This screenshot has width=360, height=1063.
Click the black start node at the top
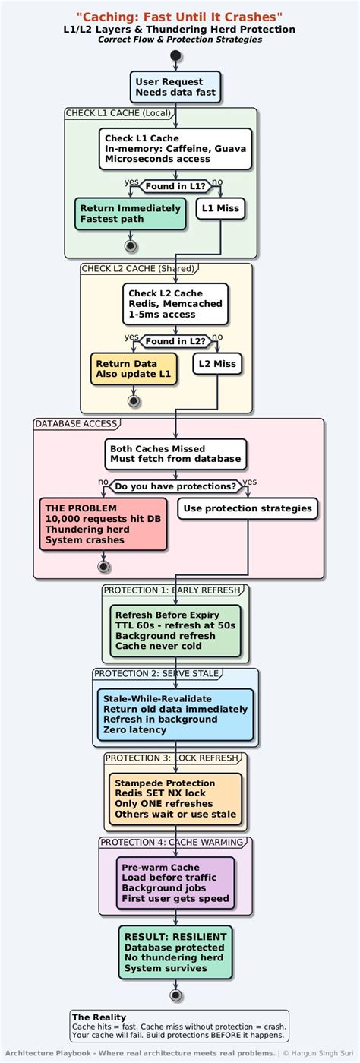point(176,55)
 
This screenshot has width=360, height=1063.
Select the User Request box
point(175,87)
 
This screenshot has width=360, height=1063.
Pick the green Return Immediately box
point(130,214)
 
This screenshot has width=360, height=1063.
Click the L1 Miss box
point(220,208)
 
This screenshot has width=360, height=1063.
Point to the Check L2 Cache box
point(175,303)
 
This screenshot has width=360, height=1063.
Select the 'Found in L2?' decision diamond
point(175,342)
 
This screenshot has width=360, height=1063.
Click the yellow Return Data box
point(134,369)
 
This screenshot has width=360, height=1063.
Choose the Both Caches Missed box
point(175,454)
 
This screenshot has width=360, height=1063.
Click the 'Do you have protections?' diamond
point(175,486)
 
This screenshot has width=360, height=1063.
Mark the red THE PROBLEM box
point(103,524)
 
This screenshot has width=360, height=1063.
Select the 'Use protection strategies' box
point(248,508)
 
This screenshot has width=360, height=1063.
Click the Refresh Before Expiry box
point(175,631)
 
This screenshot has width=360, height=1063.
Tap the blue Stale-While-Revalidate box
point(175,714)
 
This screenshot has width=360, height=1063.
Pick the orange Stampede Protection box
point(175,799)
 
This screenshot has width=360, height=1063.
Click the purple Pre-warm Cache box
point(175,883)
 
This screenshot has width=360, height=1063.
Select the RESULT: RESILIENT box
point(175,953)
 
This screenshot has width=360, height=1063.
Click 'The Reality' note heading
point(99,1017)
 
